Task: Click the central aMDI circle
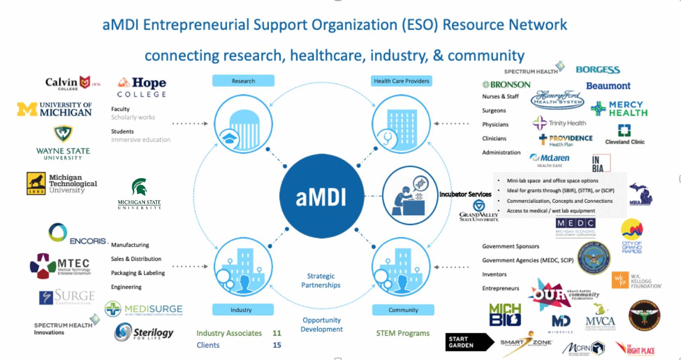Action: tap(321, 196)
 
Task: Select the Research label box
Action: tap(243, 81)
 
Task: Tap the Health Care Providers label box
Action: tap(401, 81)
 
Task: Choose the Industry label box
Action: tap(243, 310)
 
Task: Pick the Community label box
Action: tap(403, 310)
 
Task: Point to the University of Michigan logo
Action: tap(55, 109)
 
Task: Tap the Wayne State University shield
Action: tap(63, 134)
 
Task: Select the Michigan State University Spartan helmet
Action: tap(139, 187)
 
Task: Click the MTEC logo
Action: tap(60, 265)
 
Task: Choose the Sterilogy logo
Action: tap(144, 332)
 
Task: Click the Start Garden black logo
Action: tap(468, 342)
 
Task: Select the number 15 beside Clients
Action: tap(277, 345)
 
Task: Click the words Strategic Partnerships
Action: tap(321, 280)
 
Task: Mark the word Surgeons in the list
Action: tap(494, 111)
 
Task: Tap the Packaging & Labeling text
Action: tap(138, 273)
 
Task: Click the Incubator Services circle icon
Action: tap(410, 195)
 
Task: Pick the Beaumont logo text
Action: tap(608, 86)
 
